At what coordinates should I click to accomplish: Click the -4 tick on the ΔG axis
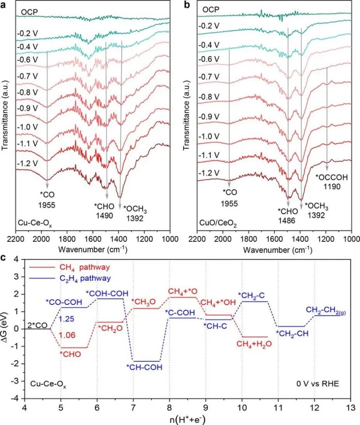coord(16,399)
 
